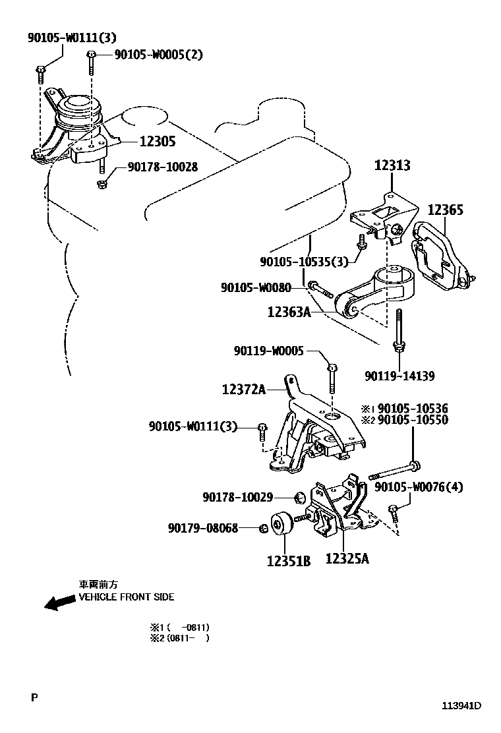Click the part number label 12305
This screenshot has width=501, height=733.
click(157, 141)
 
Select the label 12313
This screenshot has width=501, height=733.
click(392, 165)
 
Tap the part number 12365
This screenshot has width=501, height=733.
click(445, 210)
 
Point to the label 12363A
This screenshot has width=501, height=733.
click(289, 311)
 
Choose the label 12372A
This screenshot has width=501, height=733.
click(243, 390)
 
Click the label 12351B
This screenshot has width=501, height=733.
click(288, 562)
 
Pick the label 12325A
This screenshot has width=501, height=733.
click(347, 559)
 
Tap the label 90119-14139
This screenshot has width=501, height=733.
click(399, 376)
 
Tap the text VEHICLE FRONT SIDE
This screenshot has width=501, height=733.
click(127, 597)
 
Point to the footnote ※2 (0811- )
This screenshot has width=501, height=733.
click(179, 638)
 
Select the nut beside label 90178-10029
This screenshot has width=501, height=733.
click(299, 496)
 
